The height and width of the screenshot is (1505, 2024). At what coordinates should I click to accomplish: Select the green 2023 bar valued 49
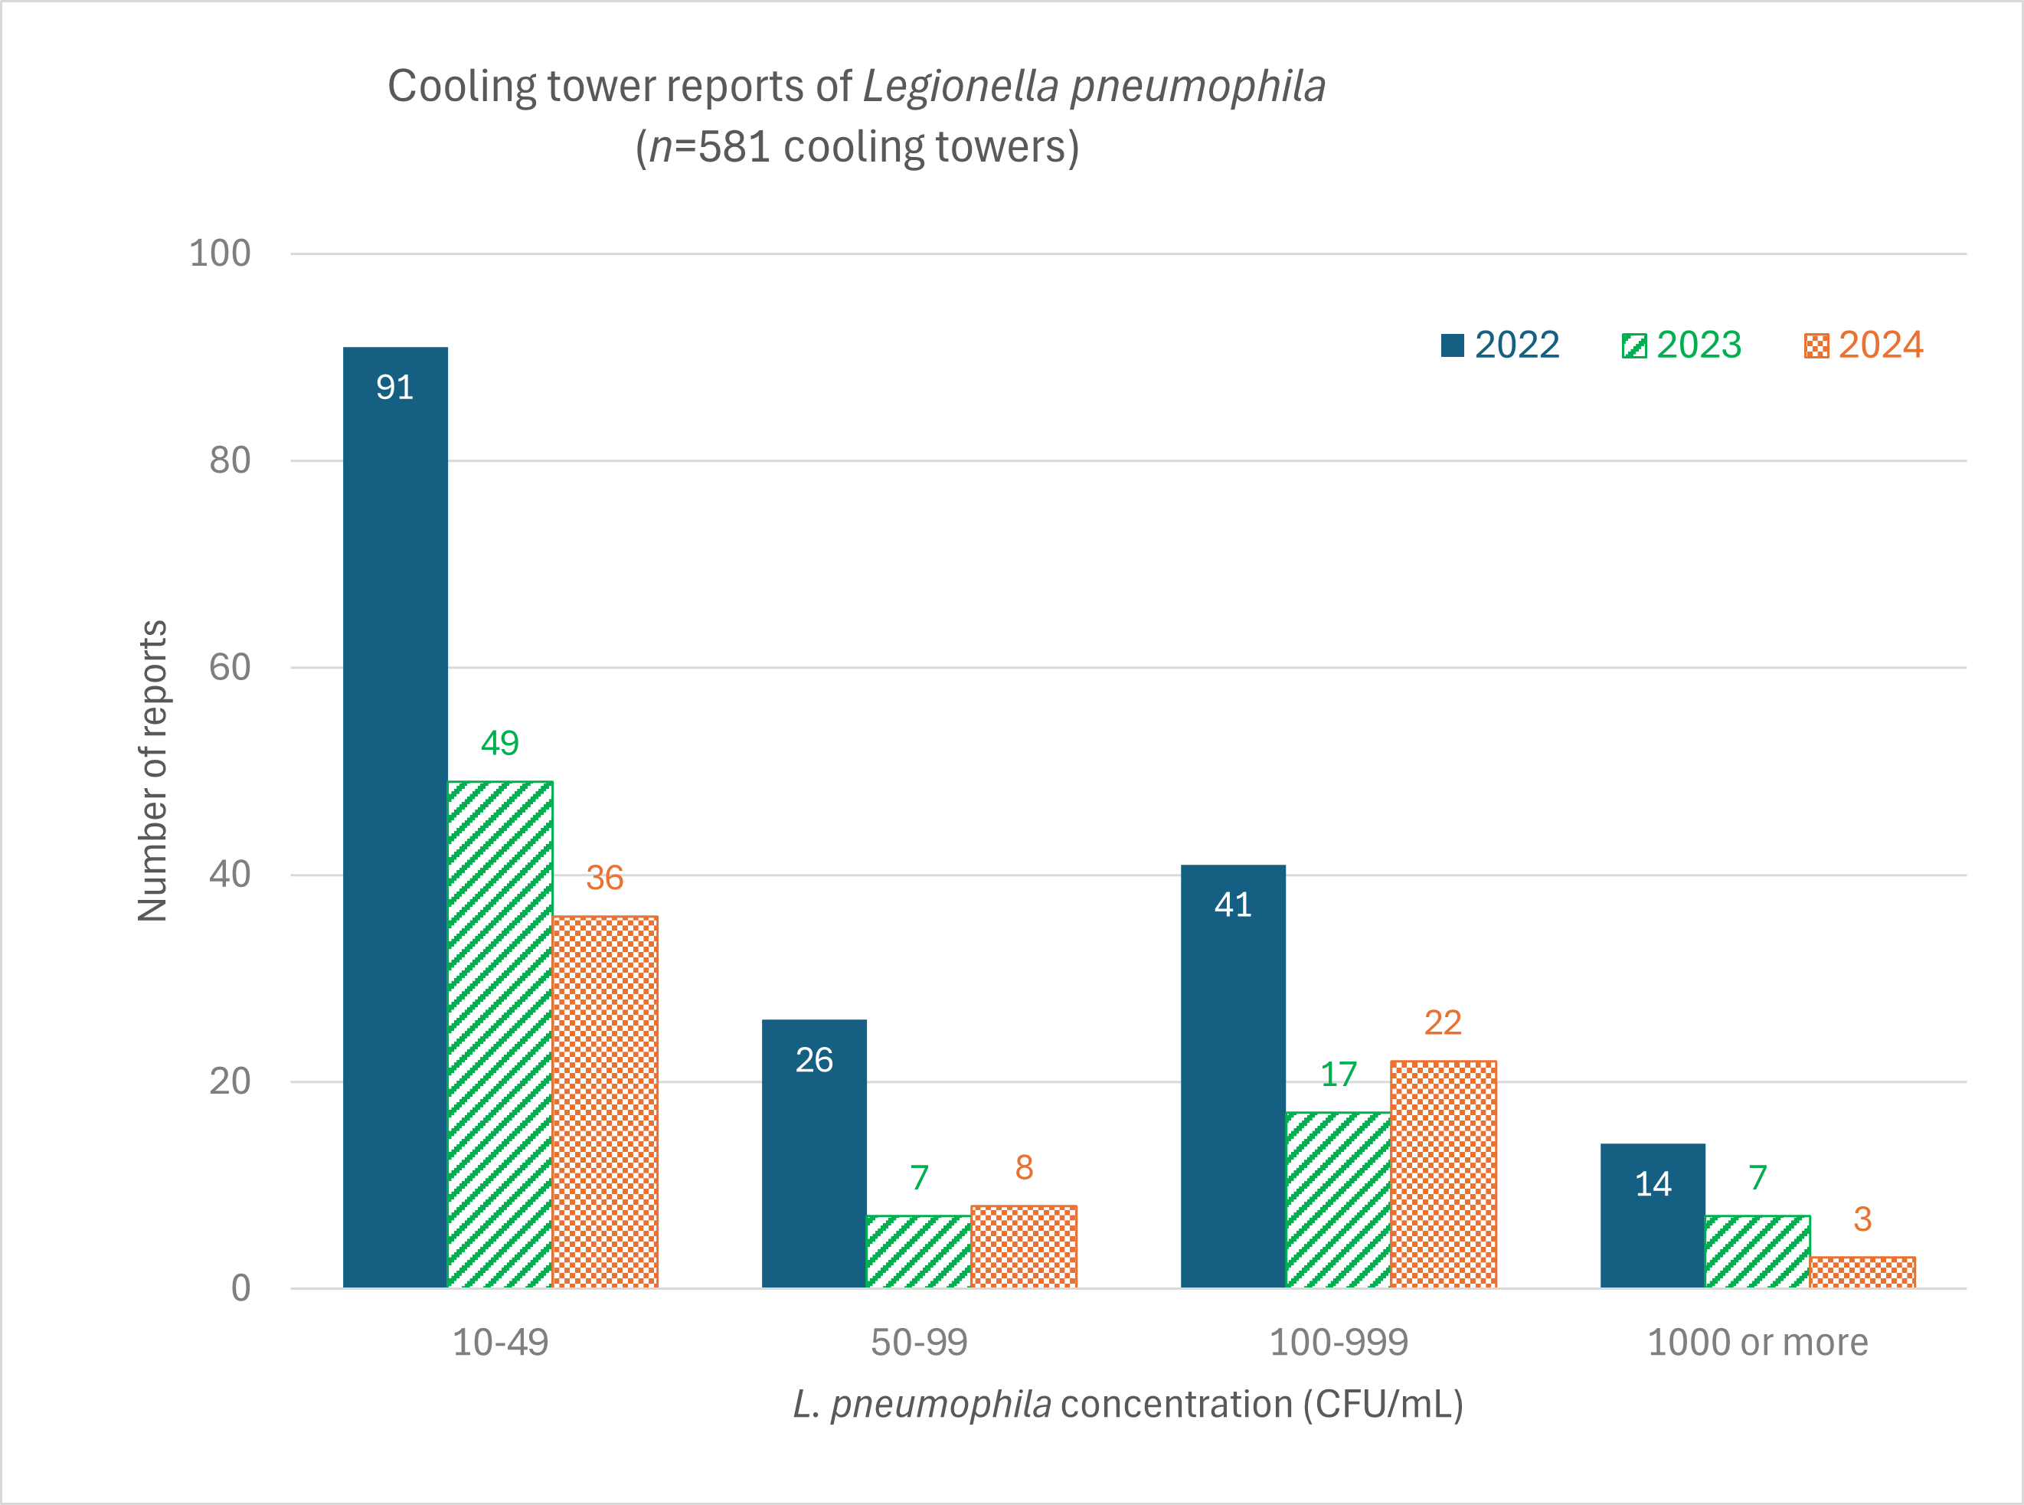tap(500, 1034)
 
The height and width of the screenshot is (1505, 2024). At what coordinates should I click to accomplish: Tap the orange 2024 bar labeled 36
tap(605, 1101)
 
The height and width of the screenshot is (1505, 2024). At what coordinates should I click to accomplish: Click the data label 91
tap(394, 388)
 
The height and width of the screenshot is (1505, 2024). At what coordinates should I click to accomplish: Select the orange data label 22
tap(1443, 1023)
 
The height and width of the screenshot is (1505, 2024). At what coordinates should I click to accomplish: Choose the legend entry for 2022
tap(1499, 345)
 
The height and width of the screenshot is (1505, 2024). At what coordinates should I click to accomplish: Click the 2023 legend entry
tap(1681, 345)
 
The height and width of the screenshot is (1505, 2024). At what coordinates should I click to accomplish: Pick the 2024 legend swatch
tap(1816, 346)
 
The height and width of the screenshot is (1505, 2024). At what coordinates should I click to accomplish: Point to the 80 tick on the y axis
tap(230, 460)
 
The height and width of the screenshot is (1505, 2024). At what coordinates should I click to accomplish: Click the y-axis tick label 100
tap(220, 254)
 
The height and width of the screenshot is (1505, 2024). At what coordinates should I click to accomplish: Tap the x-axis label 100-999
tap(1338, 1343)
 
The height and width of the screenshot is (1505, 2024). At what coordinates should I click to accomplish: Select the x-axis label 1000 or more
tap(1757, 1343)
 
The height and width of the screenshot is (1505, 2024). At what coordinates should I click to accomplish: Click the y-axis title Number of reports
tap(153, 770)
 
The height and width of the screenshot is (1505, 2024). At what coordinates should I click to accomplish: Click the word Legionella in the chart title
tap(960, 87)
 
